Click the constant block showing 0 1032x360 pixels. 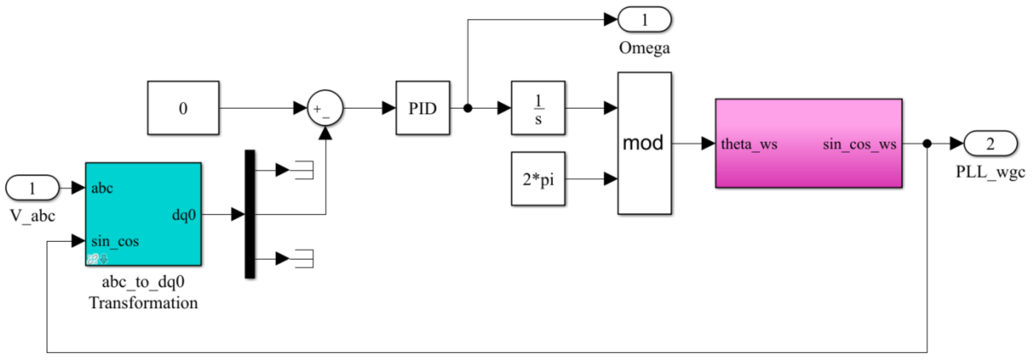tap(183, 108)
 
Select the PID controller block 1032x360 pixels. tap(423, 108)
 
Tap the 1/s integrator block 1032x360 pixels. tap(538, 108)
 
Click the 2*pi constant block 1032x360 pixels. tap(538, 179)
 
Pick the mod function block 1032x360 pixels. tap(644, 143)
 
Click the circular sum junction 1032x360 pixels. tap(325, 108)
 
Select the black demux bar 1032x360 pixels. tap(250, 214)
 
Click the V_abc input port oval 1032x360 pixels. tap(32, 188)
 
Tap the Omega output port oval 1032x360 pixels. tap(644, 19)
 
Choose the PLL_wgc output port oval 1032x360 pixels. tap(990, 143)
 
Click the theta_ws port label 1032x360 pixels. tap(749, 144)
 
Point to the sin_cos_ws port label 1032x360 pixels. tap(859, 144)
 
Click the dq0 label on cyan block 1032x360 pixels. tap(184, 215)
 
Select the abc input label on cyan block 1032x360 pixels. tap(102, 188)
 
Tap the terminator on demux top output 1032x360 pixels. tap(304, 170)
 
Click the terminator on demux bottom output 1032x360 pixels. tap(304, 259)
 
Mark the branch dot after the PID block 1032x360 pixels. tap(468, 108)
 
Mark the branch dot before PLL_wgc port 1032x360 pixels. tap(927, 143)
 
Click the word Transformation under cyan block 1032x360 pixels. tap(144, 303)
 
